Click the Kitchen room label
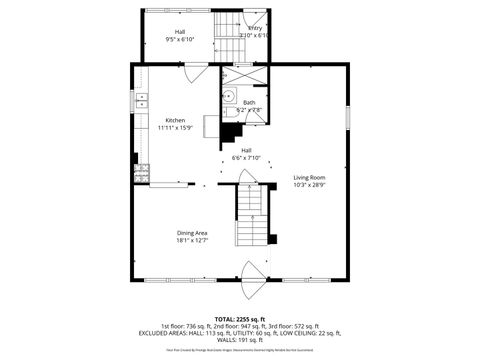click(174, 120)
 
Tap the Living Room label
click(310, 178)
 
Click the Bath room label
click(248, 103)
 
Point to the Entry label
click(255, 28)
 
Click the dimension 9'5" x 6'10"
click(179, 39)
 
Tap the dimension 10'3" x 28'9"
click(310, 186)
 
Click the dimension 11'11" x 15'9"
click(174, 128)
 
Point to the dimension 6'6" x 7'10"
click(246, 158)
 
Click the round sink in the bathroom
click(228, 98)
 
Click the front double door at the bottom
click(251, 276)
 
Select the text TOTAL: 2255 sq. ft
click(241, 318)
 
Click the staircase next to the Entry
click(225, 25)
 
